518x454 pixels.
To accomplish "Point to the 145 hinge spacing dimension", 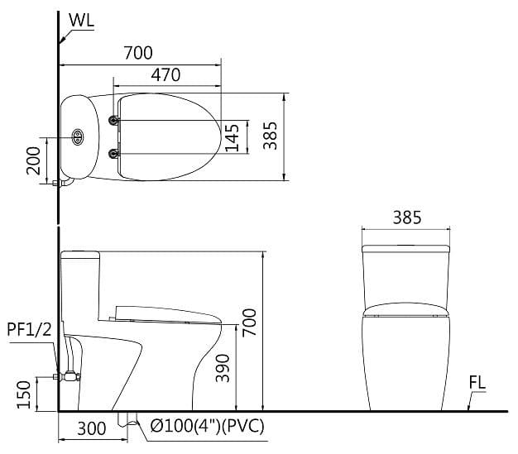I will [232, 137].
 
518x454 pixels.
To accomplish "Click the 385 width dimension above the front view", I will [406, 217].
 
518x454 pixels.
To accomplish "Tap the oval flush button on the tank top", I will [79, 137].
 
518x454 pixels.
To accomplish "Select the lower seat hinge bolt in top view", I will [114, 151].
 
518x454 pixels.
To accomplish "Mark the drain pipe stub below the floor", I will [127, 419].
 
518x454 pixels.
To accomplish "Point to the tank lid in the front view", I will [406, 247].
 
